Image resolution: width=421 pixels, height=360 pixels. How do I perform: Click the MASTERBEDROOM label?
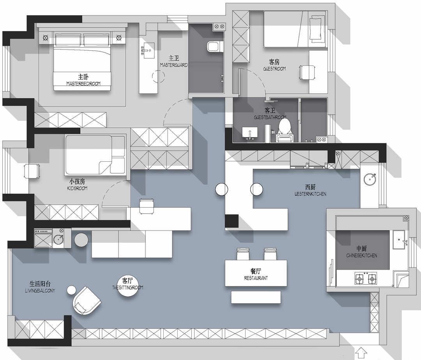pos(83,84)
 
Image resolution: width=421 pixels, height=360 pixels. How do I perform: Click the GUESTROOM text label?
pos(274,69)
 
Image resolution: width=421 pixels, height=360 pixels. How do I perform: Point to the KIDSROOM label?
pos(77,188)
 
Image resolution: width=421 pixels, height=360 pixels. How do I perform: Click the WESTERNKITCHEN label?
pos(310,194)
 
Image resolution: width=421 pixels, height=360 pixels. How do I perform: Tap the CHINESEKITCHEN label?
pos(362,256)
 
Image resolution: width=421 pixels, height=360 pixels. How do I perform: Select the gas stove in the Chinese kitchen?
pos(366,279)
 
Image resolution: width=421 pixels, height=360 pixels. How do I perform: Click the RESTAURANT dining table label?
pos(256,278)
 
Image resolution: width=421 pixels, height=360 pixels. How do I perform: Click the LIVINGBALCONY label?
pos(40,291)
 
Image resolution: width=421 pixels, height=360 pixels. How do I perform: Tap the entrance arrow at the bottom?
pos(361,353)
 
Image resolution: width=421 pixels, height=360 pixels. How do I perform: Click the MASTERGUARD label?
pos(174,65)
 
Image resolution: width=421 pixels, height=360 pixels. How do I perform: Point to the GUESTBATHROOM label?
pos(270,118)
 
